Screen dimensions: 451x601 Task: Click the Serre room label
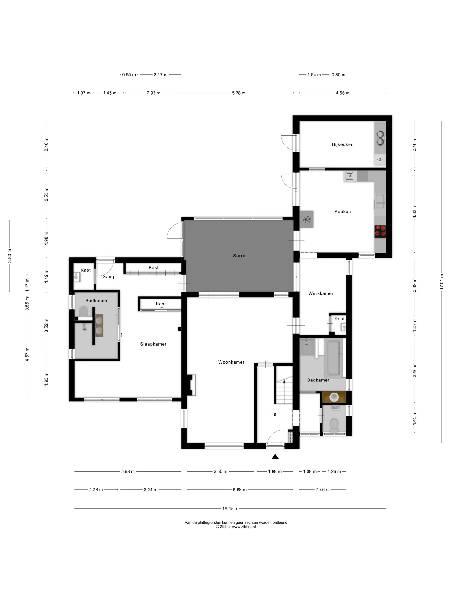tap(239, 256)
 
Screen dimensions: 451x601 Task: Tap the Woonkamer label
tap(231, 362)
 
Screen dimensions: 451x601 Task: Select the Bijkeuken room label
tap(343, 144)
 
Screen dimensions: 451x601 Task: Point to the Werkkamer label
tap(321, 293)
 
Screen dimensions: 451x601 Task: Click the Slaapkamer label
tap(153, 344)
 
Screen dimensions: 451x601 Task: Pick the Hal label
tap(274, 414)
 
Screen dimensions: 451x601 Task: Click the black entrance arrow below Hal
tap(275, 457)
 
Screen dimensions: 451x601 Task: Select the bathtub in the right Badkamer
tap(334, 359)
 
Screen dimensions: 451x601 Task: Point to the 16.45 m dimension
tap(230, 509)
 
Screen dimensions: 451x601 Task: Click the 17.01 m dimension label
tap(442, 282)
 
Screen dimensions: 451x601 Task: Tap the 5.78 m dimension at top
tap(239, 93)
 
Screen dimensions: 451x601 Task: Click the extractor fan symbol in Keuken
tap(307, 219)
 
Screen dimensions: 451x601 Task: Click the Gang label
tap(108, 277)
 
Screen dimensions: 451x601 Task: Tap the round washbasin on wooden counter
tap(334, 397)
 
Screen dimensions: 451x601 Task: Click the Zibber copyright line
tap(236, 527)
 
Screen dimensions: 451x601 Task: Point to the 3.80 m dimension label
tap(9, 256)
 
